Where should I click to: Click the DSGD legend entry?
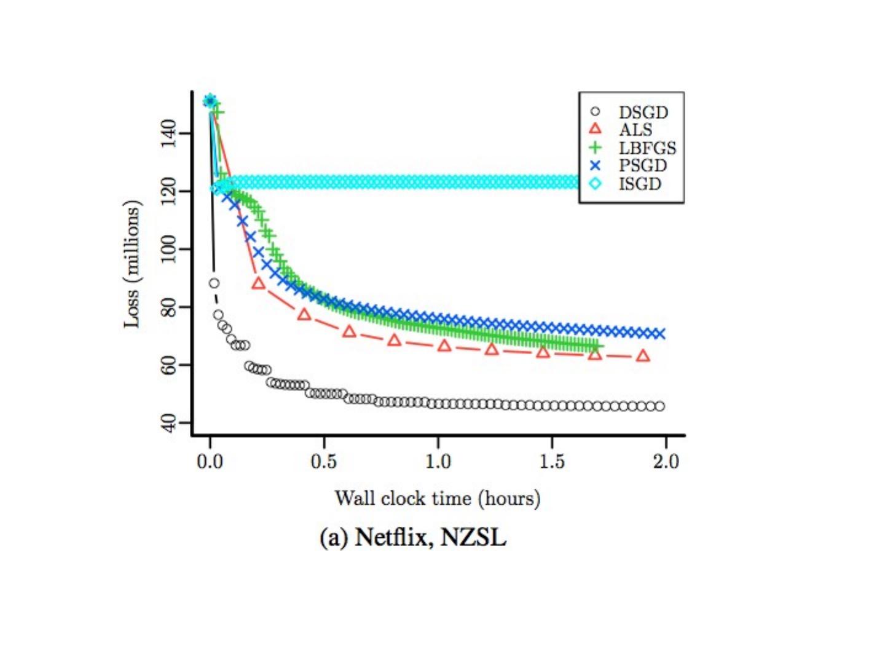pyautogui.click(x=642, y=113)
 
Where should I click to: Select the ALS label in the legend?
pyautogui.click(x=635, y=130)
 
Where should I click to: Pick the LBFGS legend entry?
pyautogui.click(x=647, y=148)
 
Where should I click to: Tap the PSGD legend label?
pyautogui.click(x=642, y=165)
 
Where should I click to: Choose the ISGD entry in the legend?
pyautogui.click(x=639, y=184)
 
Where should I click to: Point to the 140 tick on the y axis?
pyautogui.click(x=168, y=133)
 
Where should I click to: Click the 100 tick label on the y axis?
pyautogui.click(x=168, y=249)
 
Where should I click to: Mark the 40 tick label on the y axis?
pyautogui.click(x=168, y=423)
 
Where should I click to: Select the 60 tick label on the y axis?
pyautogui.click(x=168, y=365)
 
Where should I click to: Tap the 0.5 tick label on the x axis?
pyautogui.click(x=324, y=461)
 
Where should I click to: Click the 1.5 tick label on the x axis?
pyautogui.click(x=552, y=461)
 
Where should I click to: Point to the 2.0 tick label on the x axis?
pyautogui.click(x=666, y=461)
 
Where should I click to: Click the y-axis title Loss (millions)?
pyautogui.click(x=133, y=264)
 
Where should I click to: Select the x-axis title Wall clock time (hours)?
pyautogui.click(x=437, y=498)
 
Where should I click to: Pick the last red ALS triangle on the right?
pyautogui.click(x=643, y=356)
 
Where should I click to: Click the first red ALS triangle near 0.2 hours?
pyautogui.click(x=258, y=283)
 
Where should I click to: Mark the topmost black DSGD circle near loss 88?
pyautogui.click(x=214, y=283)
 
